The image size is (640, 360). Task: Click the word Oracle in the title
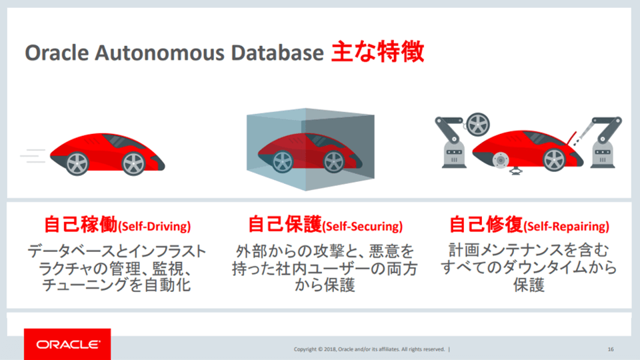(x=57, y=53)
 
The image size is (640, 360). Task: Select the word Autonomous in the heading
(x=159, y=53)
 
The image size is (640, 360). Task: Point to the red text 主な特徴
(x=377, y=52)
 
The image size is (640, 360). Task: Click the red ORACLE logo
(x=67, y=344)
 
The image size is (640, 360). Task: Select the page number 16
(x=611, y=349)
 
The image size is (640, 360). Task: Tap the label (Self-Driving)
(x=154, y=227)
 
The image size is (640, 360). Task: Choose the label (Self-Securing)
(x=362, y=227)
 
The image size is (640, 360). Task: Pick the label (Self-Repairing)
(x=566, y=227)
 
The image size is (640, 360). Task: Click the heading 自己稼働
(x=81, y=225)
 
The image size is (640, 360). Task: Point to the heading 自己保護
(x=285, y=225)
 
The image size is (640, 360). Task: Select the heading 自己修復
(x=486, y=225)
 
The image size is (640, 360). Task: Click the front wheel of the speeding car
(x=133, y=163)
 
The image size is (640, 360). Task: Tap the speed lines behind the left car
(x=33, y=156)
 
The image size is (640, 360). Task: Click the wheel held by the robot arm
(x=477, y=125)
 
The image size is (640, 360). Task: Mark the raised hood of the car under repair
(x=570, y=139)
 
